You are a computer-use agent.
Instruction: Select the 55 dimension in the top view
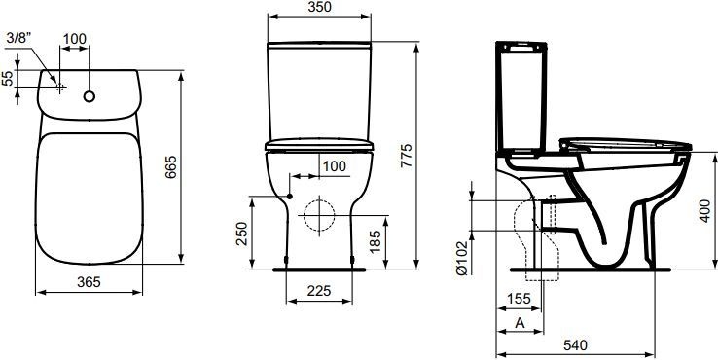[9, 79]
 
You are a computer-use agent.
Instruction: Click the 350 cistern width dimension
[319, 8]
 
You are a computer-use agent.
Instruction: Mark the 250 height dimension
[244, 233]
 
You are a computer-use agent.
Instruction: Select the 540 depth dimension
[577, 345]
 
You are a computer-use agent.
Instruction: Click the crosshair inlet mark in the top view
[60, 88]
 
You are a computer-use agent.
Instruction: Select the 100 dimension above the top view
[75, 38]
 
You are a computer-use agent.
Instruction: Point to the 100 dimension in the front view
[333, 166]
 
